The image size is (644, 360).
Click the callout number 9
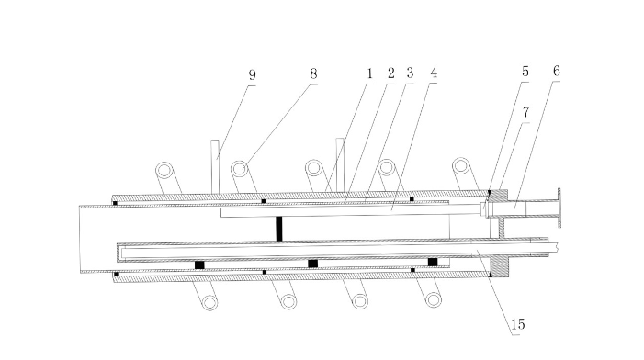252,75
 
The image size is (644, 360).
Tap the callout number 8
313,73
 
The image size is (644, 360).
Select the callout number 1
369,73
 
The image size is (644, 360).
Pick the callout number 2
390,73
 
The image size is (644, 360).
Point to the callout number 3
410,73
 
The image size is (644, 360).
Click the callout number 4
434,73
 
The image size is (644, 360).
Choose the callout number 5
525,72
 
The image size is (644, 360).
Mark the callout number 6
557,71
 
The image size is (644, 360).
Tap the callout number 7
525,112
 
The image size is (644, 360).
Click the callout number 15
517,324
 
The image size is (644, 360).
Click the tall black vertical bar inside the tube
279,229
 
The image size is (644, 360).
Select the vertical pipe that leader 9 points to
215,166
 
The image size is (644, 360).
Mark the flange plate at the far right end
559,208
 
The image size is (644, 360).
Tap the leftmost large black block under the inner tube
199,264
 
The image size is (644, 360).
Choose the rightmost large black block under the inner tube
433,262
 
